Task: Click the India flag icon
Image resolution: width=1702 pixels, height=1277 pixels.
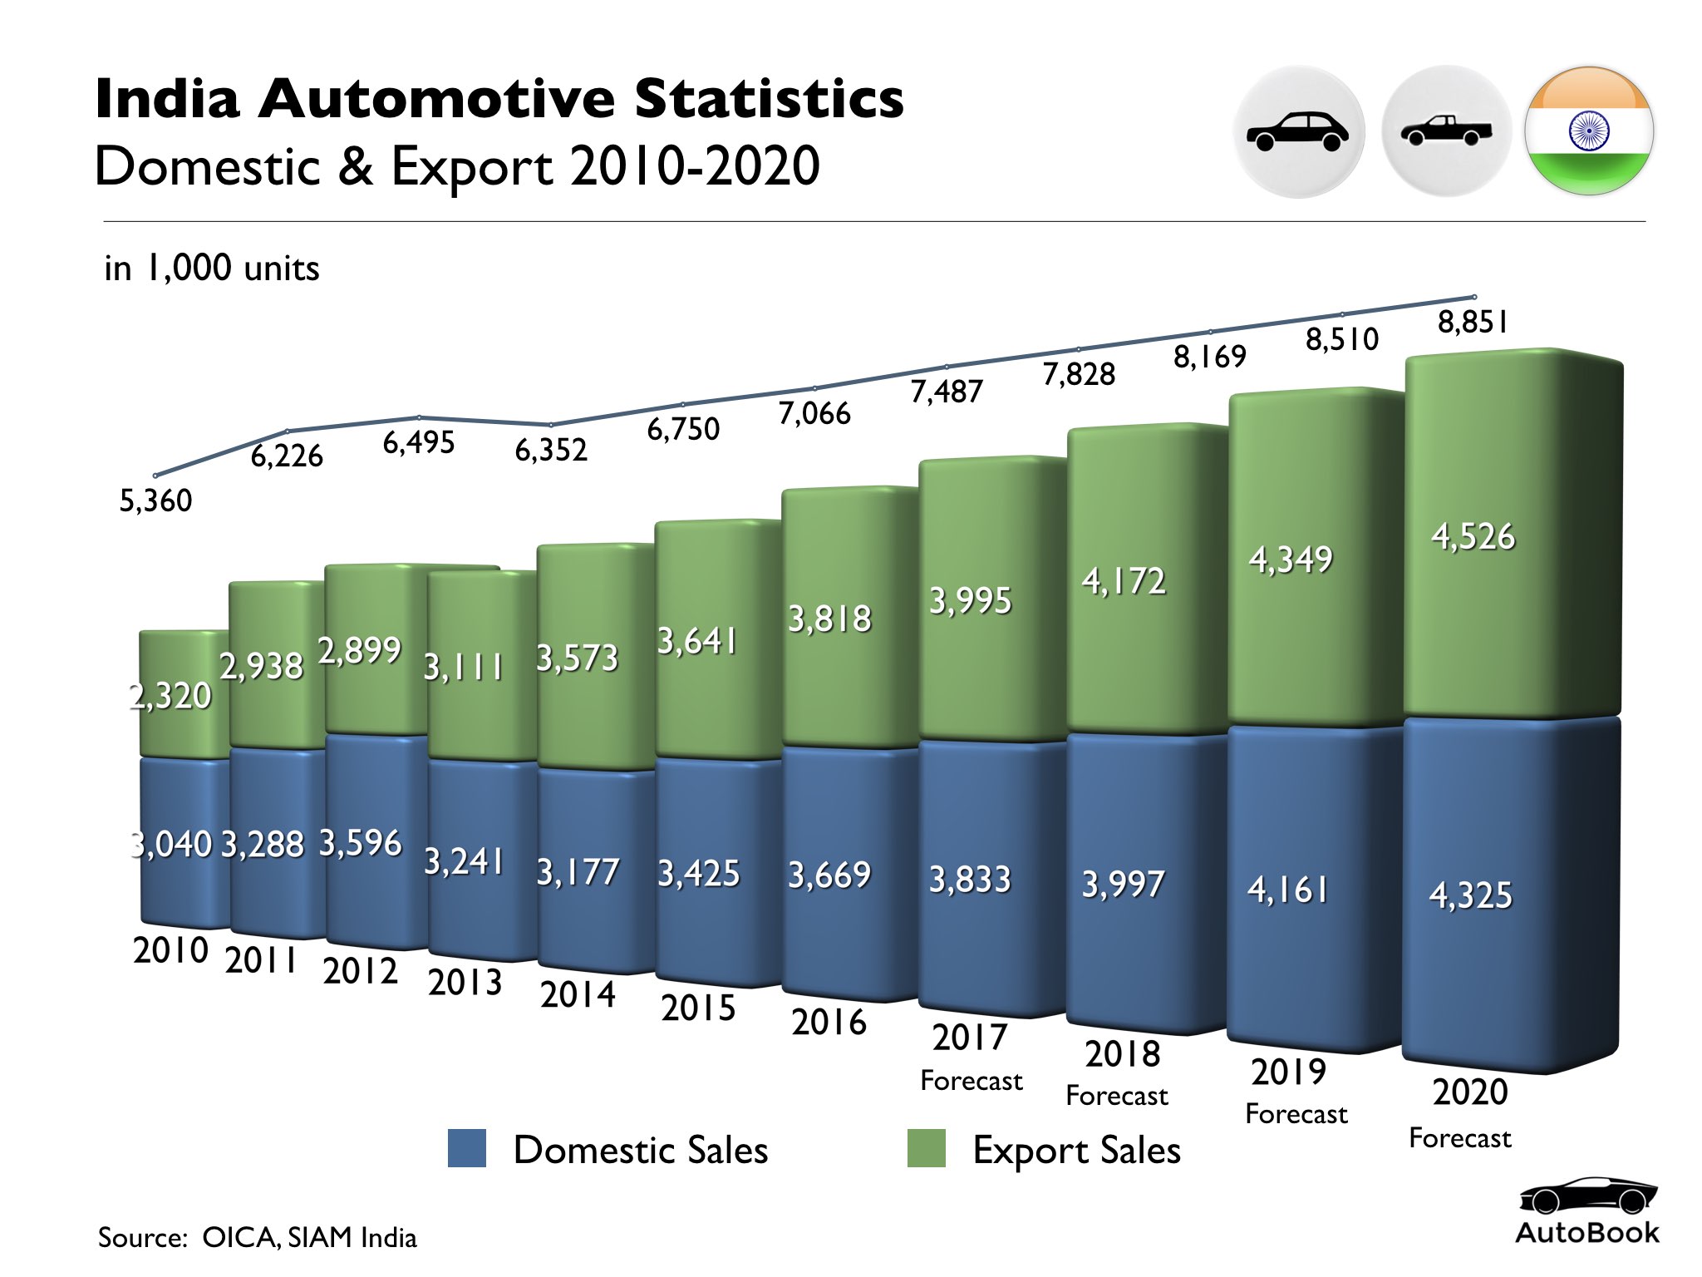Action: pyautogui.click(x=1589, y=131)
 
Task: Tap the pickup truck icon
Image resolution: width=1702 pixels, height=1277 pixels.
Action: pyautogui.click(x=1446, y=131)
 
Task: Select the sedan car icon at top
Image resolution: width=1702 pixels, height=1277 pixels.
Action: pyautogui.click(x=1298, y=131)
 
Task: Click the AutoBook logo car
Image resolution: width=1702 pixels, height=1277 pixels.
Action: pyautogui.click(x=1587, y=1198)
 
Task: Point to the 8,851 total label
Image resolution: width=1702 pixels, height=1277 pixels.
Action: pyautogui.click(x=1473, y=323)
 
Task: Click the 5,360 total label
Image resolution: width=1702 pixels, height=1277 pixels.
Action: pyautogui.click(x=155, y=500)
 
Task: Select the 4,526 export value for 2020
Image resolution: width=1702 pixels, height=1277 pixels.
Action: pyautogui.click(x=1473, y=537)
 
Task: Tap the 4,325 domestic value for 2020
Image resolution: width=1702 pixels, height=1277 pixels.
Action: pyautogui.click(x=1470, y=895)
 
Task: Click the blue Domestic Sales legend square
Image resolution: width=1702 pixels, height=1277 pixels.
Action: pyautogui.click(x=467, y=1149)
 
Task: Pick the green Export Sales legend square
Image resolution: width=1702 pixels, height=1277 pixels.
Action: pyautogui.click(x=926, y=1149)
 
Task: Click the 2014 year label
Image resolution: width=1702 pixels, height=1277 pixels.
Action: pyautogui.click(x=578, y=994)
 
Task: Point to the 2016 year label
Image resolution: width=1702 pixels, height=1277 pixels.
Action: pyautogui.click(x=829, y=1022)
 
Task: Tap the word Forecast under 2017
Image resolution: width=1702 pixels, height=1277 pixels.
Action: pyautogui.click(x=971, y=1081)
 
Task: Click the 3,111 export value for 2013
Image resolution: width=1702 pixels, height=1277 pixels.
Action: pyautogui.click(x=464, y=667)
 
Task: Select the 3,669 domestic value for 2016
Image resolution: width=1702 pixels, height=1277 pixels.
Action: pyautogui.click(x=829, y=875)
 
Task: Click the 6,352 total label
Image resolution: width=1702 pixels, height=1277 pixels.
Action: pyautogui.click(x=551, y=451)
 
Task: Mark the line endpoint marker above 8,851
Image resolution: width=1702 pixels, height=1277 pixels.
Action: pyautogui.click(x=1474, y=297)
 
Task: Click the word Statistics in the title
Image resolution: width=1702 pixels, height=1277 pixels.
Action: pyautogui.click(x=769, y=99)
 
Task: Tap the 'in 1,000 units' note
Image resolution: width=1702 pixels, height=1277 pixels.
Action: pyautogui.click(x=212, y=269)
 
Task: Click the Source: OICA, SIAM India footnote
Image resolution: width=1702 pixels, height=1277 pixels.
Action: pyautogui.click(x=258, y=1237)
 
